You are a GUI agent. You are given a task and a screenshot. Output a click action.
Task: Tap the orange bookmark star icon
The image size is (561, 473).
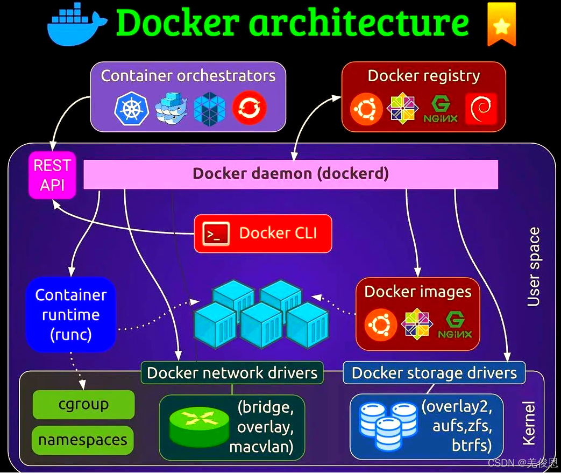tap(501, 24)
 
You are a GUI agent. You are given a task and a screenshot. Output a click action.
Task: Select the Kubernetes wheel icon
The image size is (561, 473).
tap(130, 108)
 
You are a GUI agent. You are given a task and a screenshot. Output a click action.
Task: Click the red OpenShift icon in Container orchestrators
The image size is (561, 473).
tap(249, 108)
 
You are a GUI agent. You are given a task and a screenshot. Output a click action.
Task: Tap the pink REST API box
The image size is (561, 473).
tap(52, 175)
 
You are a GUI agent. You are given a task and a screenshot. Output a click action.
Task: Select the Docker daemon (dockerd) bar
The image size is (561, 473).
tap(290, 174)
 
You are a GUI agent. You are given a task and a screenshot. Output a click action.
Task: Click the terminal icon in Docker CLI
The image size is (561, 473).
tap(216, 234)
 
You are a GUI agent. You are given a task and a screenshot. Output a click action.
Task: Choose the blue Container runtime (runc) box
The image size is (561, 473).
tap(70, 315)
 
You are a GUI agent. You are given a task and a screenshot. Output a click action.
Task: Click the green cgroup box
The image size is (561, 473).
tap(83, 405)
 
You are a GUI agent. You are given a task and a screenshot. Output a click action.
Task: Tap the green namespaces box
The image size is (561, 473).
tap(83, 440)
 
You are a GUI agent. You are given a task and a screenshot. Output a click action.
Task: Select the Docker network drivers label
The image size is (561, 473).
tap(232, 373)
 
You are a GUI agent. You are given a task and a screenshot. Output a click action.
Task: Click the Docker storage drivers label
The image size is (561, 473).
tap(434, 373)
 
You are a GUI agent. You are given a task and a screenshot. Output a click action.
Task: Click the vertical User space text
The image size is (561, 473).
tap(533, 267)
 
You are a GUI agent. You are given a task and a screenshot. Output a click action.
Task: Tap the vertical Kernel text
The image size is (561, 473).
tap(529, 423)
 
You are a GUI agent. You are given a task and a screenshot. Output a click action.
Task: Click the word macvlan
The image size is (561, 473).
tap(261, 447)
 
